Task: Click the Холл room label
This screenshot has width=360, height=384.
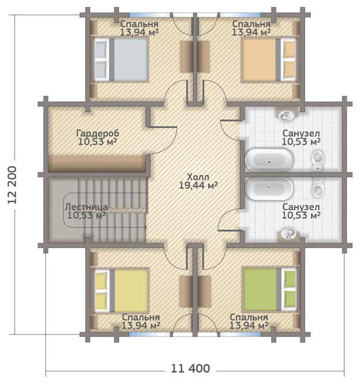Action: [198, 178]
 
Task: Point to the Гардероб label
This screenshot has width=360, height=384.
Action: [97, 134]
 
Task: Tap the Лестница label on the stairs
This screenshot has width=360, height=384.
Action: [87, 206]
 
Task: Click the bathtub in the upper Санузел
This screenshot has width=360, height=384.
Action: [268, 160]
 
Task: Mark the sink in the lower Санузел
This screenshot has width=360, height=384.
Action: [288, 233]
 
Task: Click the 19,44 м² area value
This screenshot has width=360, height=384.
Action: [199, 185]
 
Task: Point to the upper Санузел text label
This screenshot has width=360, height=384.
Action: [301, 133]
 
